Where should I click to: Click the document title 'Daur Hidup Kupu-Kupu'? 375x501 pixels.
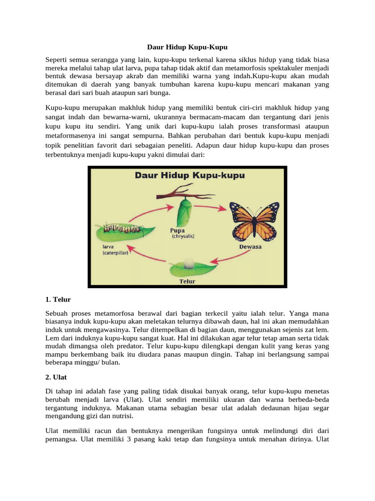(187, 47)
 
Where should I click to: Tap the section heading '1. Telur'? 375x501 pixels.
(57, 298)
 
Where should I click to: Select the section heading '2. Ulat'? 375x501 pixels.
(56, 378)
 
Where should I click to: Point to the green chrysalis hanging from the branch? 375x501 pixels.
(184, 210)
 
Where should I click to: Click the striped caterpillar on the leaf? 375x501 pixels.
(117, 228)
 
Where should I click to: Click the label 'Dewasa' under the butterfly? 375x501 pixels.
(250, 247)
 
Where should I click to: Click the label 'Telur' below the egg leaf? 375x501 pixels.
(187, 281)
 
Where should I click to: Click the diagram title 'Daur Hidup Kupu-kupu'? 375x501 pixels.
(188, 175)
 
